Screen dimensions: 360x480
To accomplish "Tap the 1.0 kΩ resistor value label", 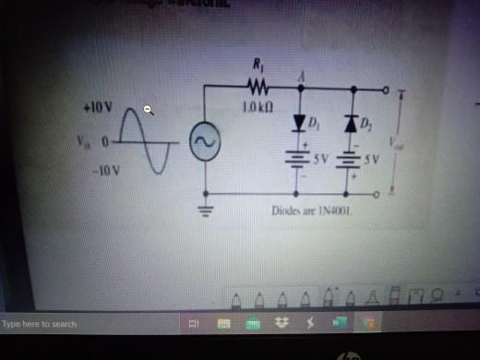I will click(257, 108).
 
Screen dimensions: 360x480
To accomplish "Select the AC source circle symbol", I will click(203, 142).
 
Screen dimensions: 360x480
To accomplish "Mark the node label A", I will click(301, 78).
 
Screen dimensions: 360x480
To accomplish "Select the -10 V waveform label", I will click(96, 172).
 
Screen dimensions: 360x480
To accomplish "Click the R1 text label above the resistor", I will click(257, 65).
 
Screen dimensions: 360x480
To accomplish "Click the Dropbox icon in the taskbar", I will click(282, 324).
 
